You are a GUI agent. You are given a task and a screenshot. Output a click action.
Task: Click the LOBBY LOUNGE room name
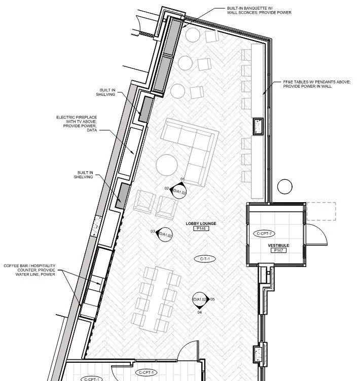point(201,223)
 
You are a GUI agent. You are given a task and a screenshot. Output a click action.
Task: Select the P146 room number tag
point(201,229)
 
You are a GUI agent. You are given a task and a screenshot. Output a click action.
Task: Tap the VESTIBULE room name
point(278,245)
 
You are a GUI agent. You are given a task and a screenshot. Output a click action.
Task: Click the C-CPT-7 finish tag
point(265,234)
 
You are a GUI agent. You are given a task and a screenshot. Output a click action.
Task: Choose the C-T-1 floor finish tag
point(205,259)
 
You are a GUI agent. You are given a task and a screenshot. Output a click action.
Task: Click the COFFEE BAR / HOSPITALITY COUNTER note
point(29,271)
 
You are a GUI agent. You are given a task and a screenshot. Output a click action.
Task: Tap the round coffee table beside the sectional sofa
point(167,165)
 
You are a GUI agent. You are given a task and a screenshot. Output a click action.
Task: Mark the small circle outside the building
point(285,186)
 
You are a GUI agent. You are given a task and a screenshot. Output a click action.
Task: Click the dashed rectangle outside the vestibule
point(321,211)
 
